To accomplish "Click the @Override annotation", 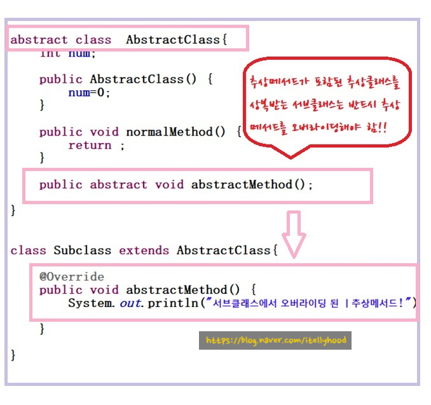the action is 71,277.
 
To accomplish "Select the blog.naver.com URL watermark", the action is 275,340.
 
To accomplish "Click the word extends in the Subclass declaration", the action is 144,250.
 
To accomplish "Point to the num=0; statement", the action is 90,92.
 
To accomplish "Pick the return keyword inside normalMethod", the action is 90,145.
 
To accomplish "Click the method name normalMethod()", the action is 175,132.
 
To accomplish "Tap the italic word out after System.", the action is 132,303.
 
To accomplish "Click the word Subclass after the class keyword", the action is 82,250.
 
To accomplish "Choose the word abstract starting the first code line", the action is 39,39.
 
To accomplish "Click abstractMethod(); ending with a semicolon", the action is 252,184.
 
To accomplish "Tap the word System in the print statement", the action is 90,303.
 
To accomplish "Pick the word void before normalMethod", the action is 104,132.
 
